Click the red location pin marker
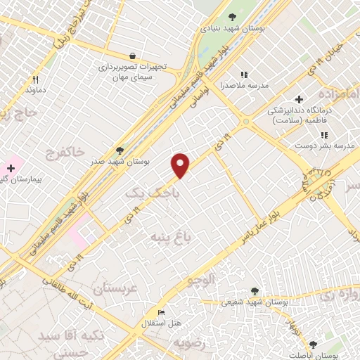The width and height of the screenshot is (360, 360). point(181,165)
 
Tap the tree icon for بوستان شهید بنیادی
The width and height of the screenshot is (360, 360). point(233,18)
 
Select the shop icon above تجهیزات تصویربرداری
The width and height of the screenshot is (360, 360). point(133,55)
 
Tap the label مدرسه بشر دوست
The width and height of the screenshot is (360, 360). point(334,145)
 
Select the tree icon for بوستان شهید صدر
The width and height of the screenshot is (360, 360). point(119,150)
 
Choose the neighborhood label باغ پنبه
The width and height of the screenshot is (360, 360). point(167,237)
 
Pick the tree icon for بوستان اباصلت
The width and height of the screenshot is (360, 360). point(313,345)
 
